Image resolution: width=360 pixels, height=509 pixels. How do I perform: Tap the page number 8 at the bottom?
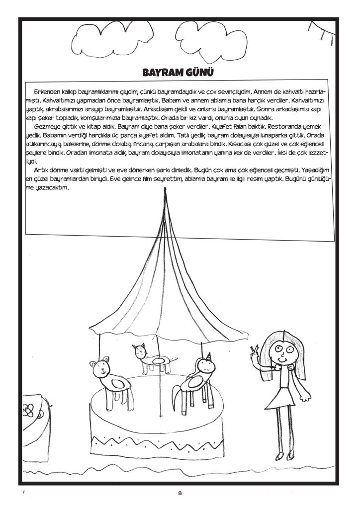tap(180, 493)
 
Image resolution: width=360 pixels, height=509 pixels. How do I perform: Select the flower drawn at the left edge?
tap(28, 410)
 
